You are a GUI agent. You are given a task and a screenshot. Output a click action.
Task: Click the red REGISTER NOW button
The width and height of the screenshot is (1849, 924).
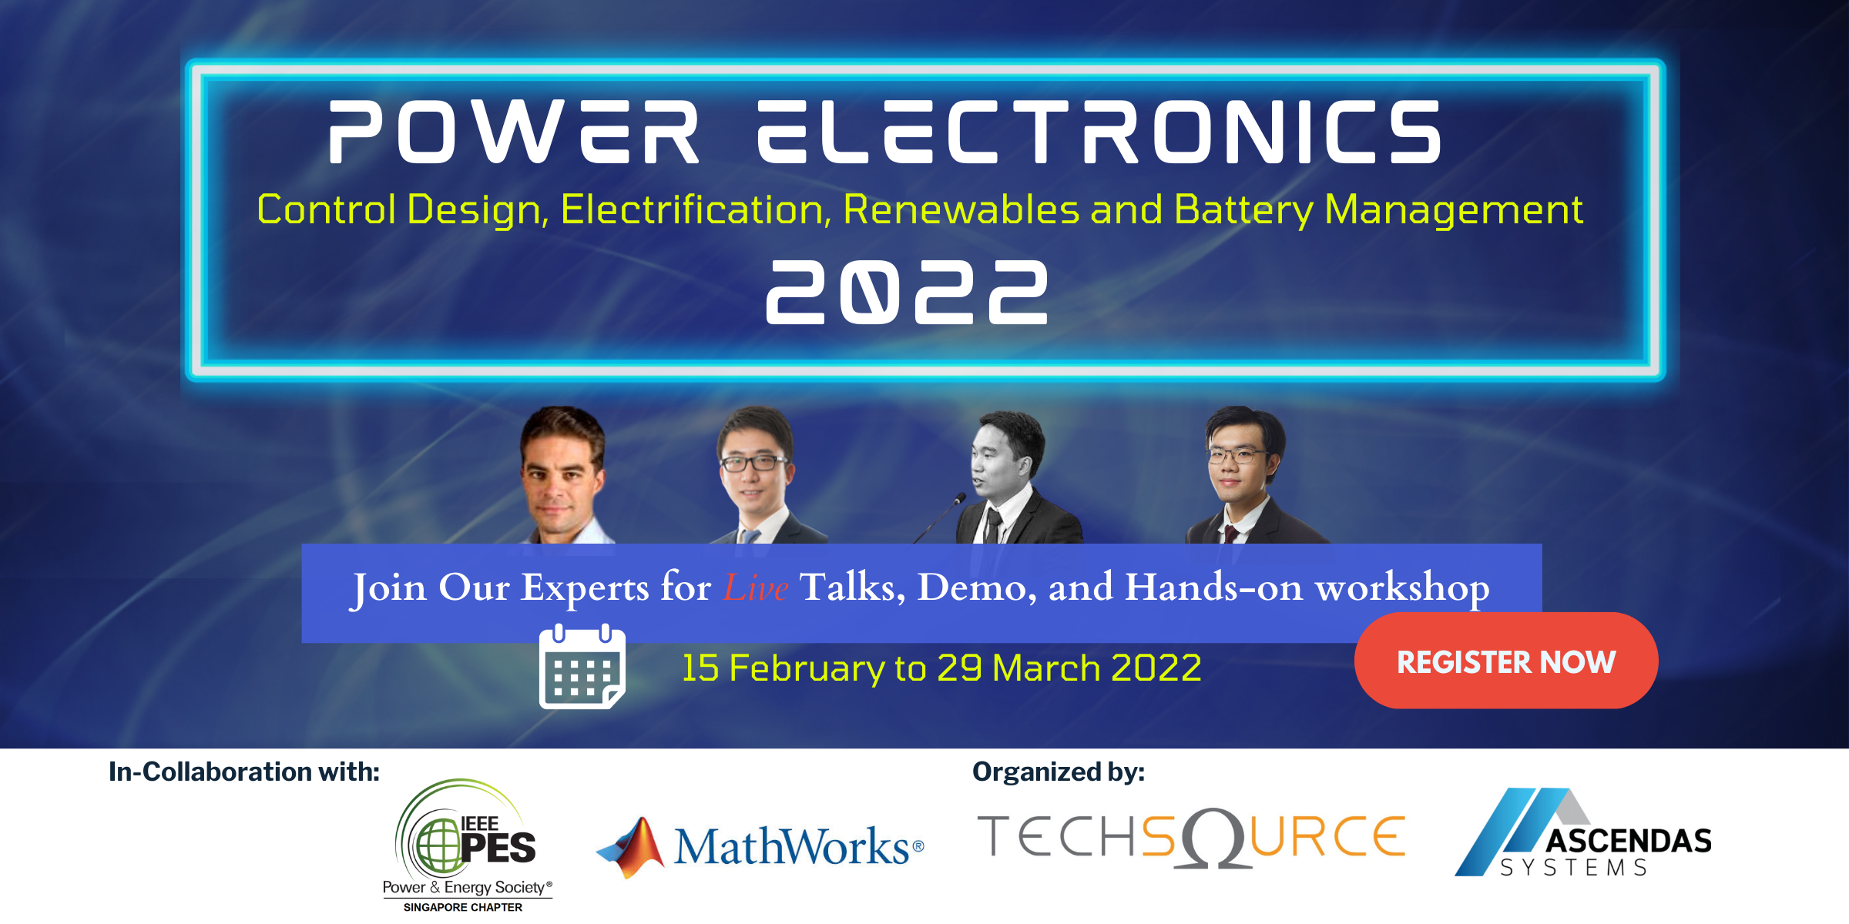pyautogui.click(x=1505, y=661)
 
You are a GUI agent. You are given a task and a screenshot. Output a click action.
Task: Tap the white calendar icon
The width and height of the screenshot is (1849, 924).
pyautogui.click(x=582, y=667)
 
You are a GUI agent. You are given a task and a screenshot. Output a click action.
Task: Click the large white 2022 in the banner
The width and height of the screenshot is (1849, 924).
pyautogui.click(x=907, y=292)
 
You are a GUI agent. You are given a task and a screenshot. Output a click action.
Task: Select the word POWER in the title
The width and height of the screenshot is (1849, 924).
pyautogui.click(x=514, y=132)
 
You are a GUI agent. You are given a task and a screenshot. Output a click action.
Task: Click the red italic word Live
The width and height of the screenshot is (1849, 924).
pyautogui.click(x=755, y=588)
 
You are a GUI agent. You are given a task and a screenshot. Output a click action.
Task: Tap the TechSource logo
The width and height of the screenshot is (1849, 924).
pyautogui.click(x=1191, y=838)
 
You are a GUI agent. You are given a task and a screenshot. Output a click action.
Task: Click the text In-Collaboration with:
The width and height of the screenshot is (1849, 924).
pyautogui.click(x=244, y=772)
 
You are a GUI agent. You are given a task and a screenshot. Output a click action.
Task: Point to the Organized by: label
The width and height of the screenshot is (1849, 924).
pyautogui.click(x=1059, y=772)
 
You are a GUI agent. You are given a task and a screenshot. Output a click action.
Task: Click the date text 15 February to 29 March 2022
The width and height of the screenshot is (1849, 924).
pyautogui.click(x=941, y=668)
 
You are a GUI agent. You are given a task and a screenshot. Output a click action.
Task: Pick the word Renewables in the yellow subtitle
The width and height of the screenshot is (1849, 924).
pyautogui.click(x=961, y=209)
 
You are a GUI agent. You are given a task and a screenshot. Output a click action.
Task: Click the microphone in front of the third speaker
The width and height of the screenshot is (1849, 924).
pyautogui.click(x=960, y=499)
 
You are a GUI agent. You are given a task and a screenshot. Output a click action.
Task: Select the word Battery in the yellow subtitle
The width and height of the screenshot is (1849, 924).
pyautogui.click(x=1243, y=209)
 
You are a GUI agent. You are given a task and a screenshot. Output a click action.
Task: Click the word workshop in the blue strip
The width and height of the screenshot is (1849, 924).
pyautogui.click(x=1401, y=588)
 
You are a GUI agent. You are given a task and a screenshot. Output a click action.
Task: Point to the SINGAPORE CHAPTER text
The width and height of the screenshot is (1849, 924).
pyautogui.click(x=463, y=907)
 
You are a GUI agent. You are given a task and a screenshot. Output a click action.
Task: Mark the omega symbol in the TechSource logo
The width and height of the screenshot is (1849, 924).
pyautogui.click(x=1213, y=838)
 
